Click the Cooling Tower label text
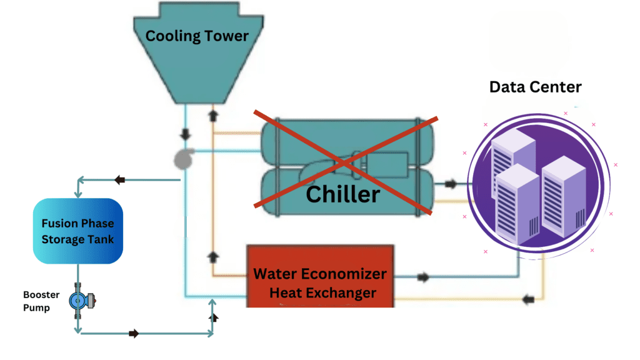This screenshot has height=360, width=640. click(197, 36)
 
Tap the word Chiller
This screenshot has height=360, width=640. click(342, 194)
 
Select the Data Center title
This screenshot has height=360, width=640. click(535, 87)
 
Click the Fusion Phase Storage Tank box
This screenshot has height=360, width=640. click(77, 231)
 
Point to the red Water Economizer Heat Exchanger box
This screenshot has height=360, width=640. click(320, 276)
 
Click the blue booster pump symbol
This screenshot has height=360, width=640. click(79, 301)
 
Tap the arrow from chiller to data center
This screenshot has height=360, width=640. click(451, 184)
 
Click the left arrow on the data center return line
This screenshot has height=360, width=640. click(529, 299)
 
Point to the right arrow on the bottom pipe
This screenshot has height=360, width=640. click(134, 334)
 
